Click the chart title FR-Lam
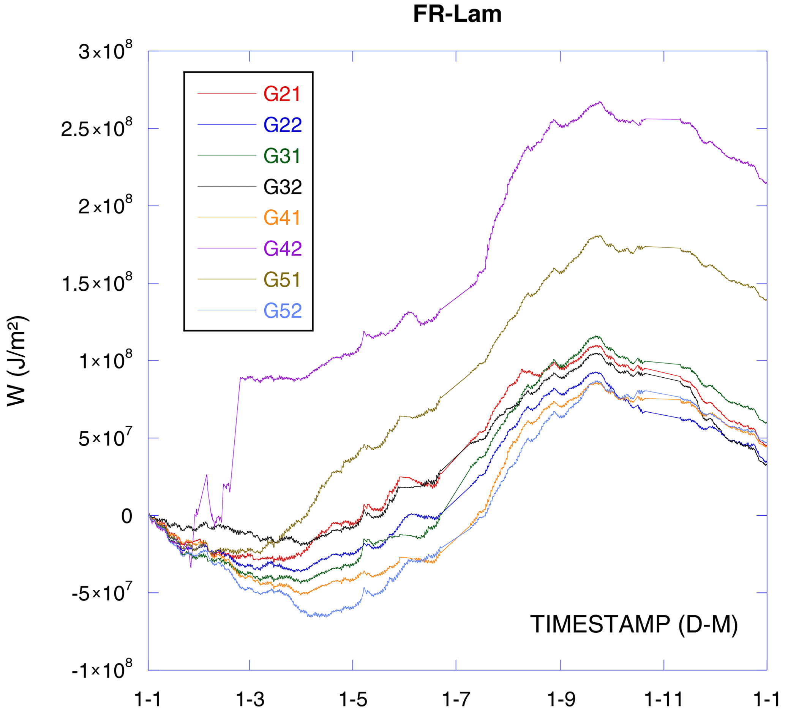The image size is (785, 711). pyautogui.click(x=457, y=14)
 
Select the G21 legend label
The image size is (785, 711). pyautogui.click(x=282, y=94)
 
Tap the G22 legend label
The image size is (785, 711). pyautogui.click(x=282, y=125)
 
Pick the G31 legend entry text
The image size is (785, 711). pyautogui.click(x=282, y=156)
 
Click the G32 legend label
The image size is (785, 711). pyautogui.click(x=282, y=187)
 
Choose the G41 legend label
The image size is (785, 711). pyautogui.click(x=282, y=218)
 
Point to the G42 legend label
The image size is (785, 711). pyautogui.click(x=282, y=249)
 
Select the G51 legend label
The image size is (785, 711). pyautogui.click(x=282, y=280)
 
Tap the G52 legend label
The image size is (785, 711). pyautogui.click(x=282, y=310)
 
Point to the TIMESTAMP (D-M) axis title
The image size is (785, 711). pyautogui.click(x=634, y=624)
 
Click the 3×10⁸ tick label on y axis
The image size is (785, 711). pyautogui.click(x=105, y=51)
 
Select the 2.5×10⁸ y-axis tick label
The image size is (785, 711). pyautogui.click(x=96, y=128)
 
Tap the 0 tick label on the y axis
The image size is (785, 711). pyautogui.click(x=126, y=516)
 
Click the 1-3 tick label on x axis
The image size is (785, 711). pyautogui.click(x=250, y=700)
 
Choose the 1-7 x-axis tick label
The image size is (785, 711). pyautogui.click(x=456, y=700)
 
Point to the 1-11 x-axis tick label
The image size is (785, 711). pyautogui.click(x=664, y=700)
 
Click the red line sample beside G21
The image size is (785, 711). pyautogui.click(x=227, y=93)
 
